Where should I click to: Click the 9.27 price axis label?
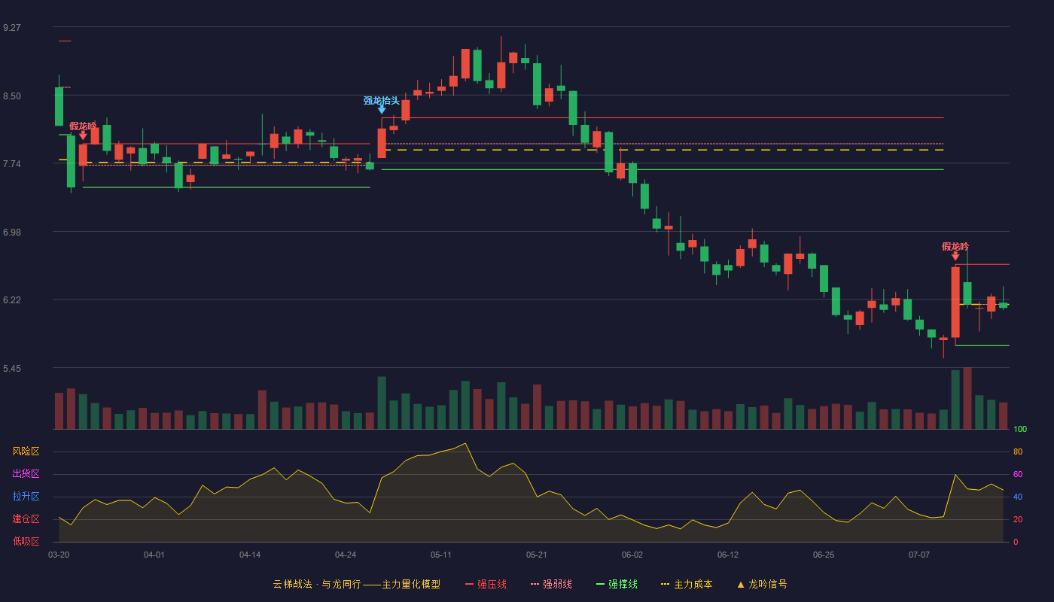point(12,28)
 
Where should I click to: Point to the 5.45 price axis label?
point(12,368)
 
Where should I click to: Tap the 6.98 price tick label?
point(12,233)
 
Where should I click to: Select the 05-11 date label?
point(441,555)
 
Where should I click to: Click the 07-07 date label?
point(919,555)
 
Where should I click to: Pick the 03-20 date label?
point(59,555)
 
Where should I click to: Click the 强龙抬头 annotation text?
point(381,100)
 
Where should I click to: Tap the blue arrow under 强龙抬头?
point(382,110)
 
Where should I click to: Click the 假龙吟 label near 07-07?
point(955,247)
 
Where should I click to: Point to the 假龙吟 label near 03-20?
point(83,126)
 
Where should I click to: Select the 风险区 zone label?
point(26,451)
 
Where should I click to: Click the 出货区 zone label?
point(26,473)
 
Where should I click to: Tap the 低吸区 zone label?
point(26,541)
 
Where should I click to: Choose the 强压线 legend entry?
point(486,584)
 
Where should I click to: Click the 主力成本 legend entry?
point(687,584)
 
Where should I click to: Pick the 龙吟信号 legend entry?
point(762,584)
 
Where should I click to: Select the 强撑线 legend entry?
point(617,584)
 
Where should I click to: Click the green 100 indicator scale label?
point(1020,429)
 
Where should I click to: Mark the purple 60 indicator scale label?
point(1018,474)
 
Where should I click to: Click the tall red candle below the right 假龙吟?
point(955,302)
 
